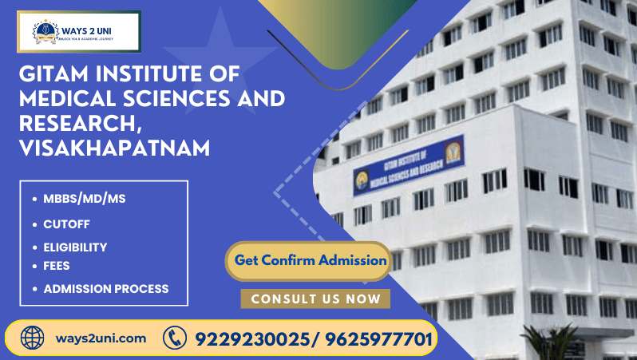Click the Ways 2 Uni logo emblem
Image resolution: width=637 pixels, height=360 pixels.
pyautogui.click(x=45, y=32)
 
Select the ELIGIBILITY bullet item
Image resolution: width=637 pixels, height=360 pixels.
pyautogui.click(x=75, y=247)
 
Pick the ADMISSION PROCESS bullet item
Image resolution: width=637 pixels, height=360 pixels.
pyautogui.click(x=105, y=288)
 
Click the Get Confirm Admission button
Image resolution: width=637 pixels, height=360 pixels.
pyautogui.click(x=311, y=260)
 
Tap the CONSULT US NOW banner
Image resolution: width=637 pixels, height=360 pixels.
pyautogui.click(x=315, y=299)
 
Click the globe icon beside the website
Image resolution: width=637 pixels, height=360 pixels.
pyautogui.click(x=33, y=338)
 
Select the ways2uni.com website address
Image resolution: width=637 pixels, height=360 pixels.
pyautogui.click(x=101, y=338)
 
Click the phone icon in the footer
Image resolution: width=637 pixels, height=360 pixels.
pyautogui.click(x=174, y=338)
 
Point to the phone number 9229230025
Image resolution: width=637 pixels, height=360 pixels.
pyautogui.click(x=247, y=339)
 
